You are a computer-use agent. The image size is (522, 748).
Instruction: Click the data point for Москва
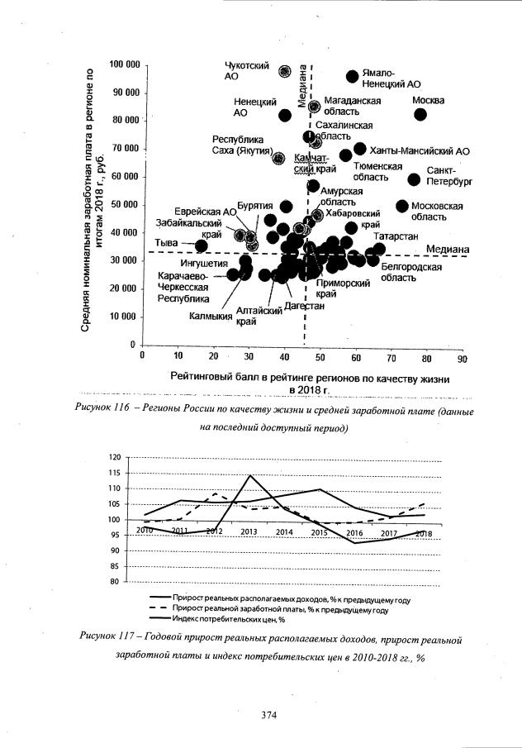(420, 114)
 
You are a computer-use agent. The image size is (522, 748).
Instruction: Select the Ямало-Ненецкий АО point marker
(353, 76)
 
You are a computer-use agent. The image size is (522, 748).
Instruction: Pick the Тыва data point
(201, 245)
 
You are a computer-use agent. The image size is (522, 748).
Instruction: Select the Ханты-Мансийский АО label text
(420, 151)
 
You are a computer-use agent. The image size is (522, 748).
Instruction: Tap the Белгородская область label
(411, 273)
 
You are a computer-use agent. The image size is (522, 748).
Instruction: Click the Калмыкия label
(210, 316)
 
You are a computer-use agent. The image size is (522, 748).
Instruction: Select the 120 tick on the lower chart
(114, 457)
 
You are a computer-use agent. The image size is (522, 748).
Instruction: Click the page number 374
(268, 715)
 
